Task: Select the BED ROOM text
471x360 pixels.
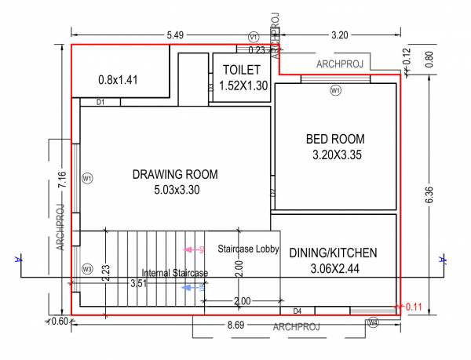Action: (x=335, y=139)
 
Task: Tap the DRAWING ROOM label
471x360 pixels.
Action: (x=175, y=174)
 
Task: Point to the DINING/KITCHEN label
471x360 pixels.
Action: (x=333, y=253)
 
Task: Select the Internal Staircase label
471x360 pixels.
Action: (x=175, y=273)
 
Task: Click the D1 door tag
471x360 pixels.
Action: (x=101, y=102)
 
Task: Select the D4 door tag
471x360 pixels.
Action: (x=297, y=311)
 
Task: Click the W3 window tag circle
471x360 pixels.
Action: (x=87, y=270)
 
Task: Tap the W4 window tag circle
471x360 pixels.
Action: (x=373, y=322)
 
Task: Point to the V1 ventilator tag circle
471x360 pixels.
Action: (x=253, y=37)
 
